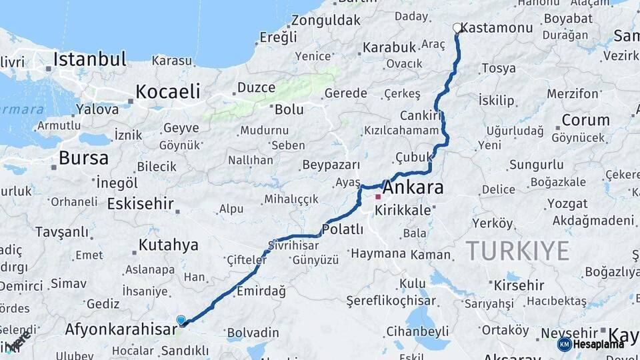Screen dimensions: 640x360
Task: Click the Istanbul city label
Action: click(90, 59)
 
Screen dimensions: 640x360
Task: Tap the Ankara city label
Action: click(413, 188)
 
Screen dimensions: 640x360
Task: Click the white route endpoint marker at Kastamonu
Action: click(457, 28)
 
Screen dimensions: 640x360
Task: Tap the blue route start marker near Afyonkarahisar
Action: click(181, 321)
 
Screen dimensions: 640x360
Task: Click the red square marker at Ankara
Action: click(378, 197)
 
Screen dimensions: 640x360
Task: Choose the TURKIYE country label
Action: click(517, 251)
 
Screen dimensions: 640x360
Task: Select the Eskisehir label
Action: click(140, 204)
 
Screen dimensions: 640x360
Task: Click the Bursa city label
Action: click(83, 158)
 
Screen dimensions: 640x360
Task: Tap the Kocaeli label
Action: click(168, 91)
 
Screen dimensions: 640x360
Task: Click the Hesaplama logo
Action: click(591, 344)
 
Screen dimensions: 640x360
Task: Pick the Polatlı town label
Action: click(342, 230)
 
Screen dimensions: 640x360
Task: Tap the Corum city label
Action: click(585, 121)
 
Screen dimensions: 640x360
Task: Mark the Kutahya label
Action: click(169, 245)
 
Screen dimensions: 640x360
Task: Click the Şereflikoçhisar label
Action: click(391, 301)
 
